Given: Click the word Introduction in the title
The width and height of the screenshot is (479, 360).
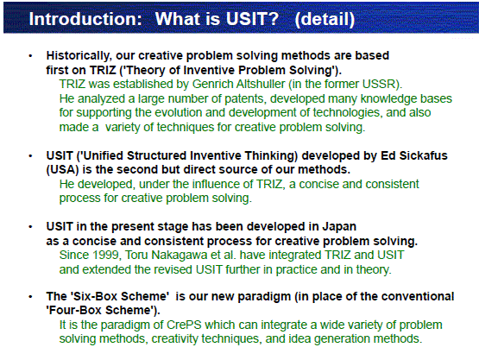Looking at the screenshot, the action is tap(85, 19).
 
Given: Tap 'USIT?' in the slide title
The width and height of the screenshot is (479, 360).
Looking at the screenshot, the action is tap(252, 19).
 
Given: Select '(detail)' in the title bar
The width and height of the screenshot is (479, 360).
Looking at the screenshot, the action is tap(325, 20).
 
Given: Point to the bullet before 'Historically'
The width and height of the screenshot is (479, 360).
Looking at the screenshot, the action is tap(30, 56).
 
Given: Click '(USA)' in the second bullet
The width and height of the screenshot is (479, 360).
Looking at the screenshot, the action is tap(63, 169).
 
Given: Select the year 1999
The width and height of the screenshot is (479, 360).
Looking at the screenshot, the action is tap(107, 256).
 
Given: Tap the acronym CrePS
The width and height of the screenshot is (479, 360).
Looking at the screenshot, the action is tap(184, 325).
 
